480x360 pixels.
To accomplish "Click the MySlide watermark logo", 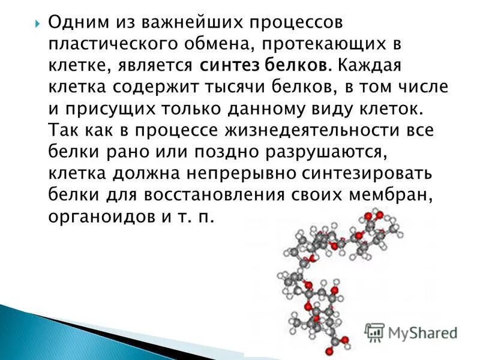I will [x=412, y=332].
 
